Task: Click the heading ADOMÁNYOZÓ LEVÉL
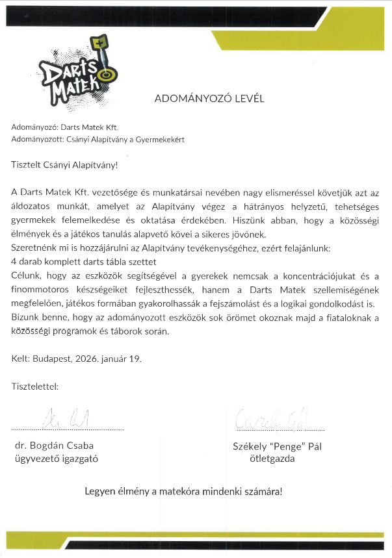(x=210, y=99)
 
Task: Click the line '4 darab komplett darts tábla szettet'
(x=84, y=262)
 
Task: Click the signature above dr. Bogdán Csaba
(x=67, y=418)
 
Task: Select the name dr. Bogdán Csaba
(x=54, y=446)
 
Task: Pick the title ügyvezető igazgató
(x=56, y=459)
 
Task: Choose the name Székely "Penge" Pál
(x=277, y=446)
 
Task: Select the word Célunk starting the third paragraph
(x=27, y=275)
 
